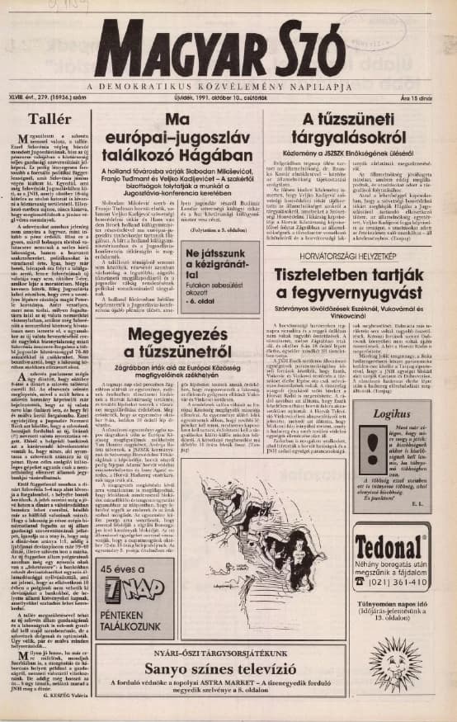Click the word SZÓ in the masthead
pos(313,45)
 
